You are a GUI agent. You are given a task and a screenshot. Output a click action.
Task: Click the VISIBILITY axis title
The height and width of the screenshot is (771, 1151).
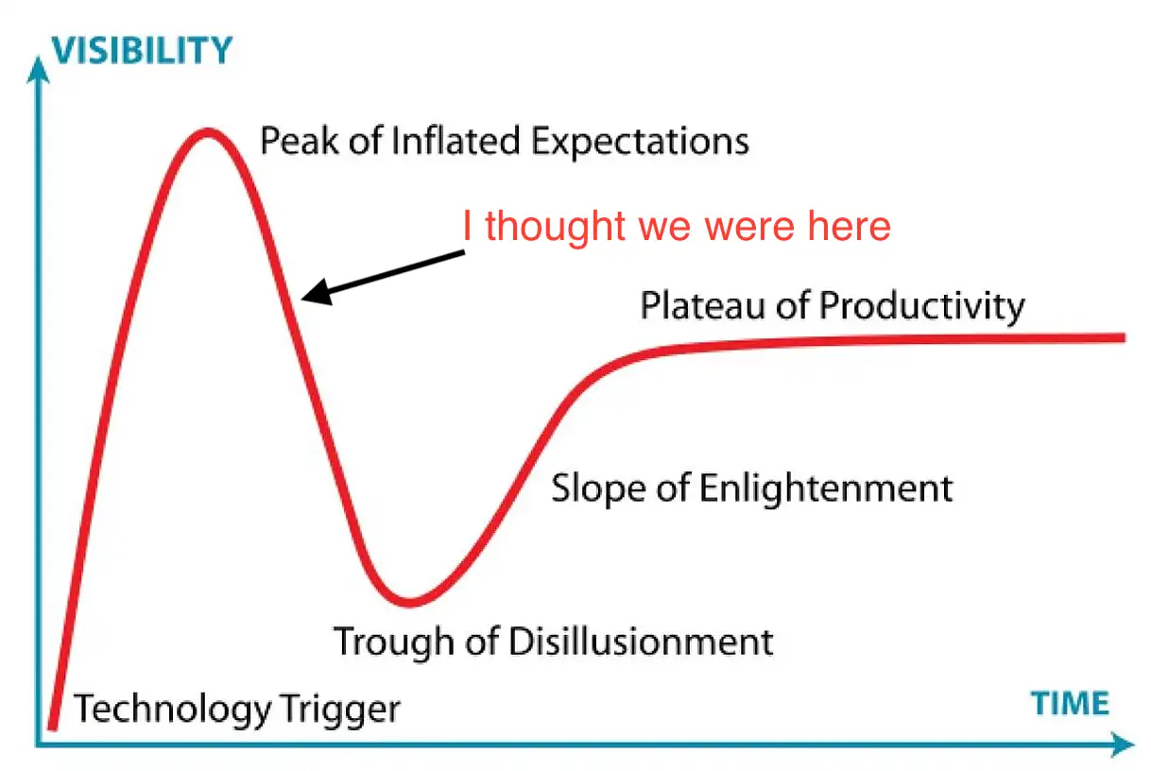click(143, 50)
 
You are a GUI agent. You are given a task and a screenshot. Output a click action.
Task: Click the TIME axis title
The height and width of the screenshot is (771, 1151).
click(1071, 704)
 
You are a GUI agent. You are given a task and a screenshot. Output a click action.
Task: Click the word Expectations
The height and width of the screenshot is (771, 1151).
click(641, 142)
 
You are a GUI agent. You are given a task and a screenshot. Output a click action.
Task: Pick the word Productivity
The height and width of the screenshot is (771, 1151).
click(922, 307)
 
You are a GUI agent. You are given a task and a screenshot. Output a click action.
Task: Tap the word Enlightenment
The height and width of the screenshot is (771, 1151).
click(826, 489)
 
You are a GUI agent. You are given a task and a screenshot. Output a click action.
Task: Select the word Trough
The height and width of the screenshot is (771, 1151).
click(394, 642)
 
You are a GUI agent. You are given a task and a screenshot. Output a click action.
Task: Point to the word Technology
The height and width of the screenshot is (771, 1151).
click(172, 709)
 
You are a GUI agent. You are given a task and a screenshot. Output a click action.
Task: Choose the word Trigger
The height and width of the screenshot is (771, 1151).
click(341, 710)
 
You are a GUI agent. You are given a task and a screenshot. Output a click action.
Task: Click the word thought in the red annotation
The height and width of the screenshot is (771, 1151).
click(556, 227)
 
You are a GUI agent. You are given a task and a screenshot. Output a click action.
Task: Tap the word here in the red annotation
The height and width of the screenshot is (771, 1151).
click(849, 227)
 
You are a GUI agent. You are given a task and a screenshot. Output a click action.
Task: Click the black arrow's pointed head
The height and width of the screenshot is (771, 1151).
click(302, 298)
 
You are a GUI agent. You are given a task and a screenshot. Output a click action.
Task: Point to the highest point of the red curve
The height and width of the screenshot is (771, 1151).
click(207, 132)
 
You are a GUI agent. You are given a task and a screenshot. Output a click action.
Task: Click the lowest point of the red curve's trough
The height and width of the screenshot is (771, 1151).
click(409, 602)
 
